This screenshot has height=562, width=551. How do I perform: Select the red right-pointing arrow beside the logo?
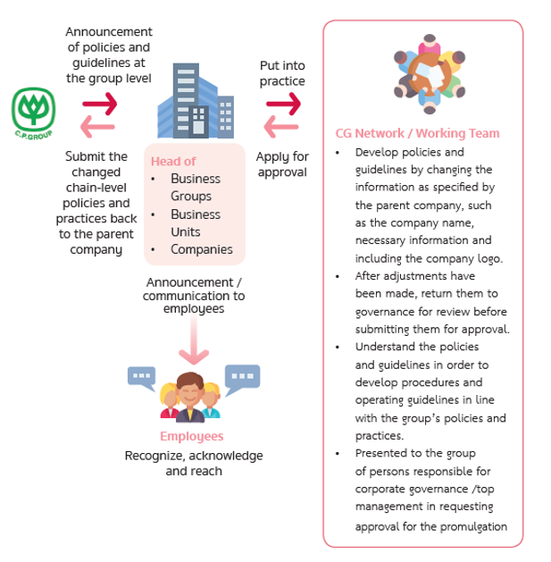pos(99,104)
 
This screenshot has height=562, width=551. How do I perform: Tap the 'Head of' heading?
pos(173,162)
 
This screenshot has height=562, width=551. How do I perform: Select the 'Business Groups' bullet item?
pos(196,187)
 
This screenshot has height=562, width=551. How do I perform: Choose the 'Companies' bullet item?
pos(202,249)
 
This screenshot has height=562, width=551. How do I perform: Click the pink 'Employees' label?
pos(191,436)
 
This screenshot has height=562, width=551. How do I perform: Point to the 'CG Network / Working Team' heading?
pos(417,133)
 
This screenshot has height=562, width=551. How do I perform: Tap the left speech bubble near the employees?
pos(142,377)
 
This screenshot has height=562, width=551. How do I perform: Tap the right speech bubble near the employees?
pos(242,378)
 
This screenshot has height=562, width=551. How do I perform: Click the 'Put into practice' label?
pos(282,73)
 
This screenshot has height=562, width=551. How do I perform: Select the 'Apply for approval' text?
pos(282,164)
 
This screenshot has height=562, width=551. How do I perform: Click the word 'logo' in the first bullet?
pos(490,259)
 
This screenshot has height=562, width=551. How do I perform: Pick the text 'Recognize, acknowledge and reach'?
pos(194,463)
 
